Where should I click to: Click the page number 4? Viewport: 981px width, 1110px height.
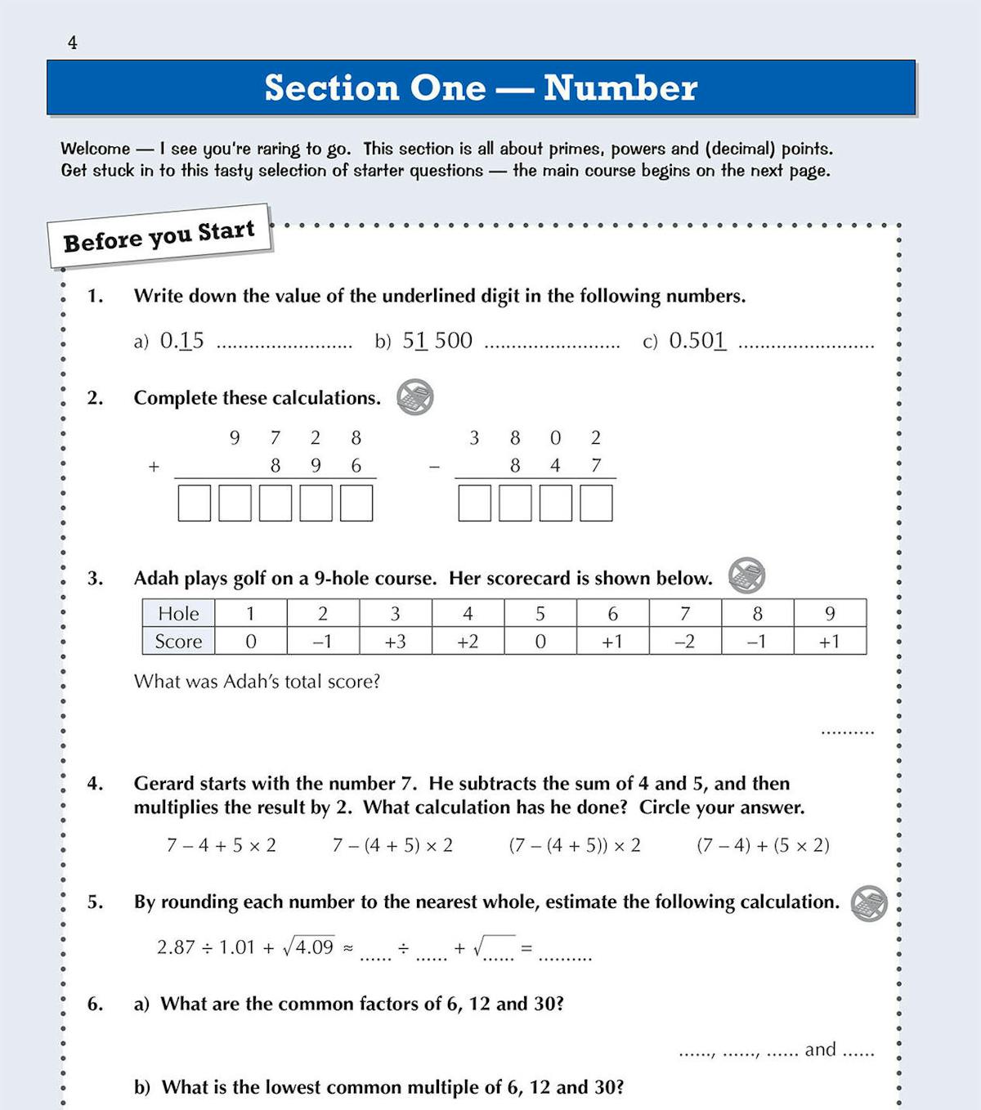[x=73, y=43]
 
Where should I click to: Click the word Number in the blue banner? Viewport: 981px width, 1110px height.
[x=620, y=87]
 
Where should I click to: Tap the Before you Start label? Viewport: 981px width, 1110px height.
[x=159, y=236]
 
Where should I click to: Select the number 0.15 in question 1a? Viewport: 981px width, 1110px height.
[x=181, y=340]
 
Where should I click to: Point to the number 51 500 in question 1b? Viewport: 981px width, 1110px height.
[x=437, y=340]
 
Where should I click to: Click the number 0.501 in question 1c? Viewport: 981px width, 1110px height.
[x=697, y=340]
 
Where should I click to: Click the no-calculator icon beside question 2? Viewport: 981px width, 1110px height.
[x=415, y=397]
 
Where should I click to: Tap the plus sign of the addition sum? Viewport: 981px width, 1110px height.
[x=154, y=467]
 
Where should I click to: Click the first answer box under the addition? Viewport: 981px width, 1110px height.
[x=195, y=503]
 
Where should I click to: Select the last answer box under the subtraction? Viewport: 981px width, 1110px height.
[x=596, y=503]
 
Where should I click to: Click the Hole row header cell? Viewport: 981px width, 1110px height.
[x=178, y=613]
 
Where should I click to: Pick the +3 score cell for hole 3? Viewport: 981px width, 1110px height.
[x=396, y=642]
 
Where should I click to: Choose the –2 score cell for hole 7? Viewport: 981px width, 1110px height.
[x=685, y=642]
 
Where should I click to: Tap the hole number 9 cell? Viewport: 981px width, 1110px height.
[x=830, y=613]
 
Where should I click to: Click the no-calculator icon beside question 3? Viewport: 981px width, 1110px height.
[x=746, y=575]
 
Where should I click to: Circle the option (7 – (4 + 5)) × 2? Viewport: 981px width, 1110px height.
[x=575, y=845]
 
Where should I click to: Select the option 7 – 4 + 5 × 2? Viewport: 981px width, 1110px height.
[x=222, y=845]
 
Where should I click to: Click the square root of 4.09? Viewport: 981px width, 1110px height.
[x=308, y=947]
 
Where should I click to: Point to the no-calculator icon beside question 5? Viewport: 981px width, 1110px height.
[x=869, y=903]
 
